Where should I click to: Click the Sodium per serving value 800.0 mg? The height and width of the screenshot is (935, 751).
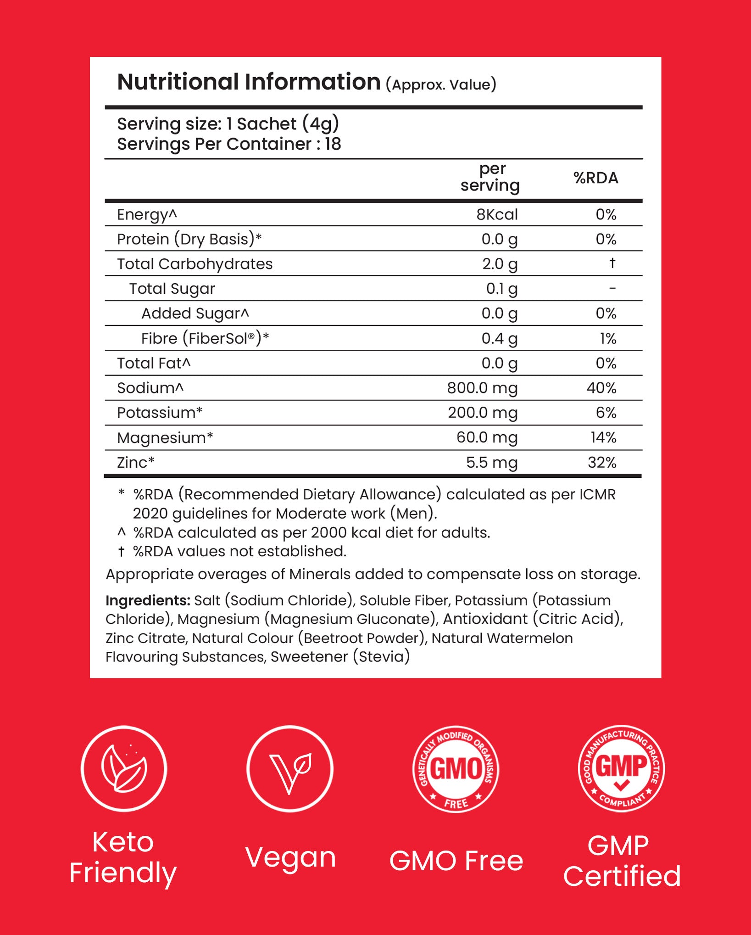[482, 388]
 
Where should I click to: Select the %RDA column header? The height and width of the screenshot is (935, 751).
[595, 178]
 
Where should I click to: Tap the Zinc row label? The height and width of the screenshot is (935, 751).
[136, 463]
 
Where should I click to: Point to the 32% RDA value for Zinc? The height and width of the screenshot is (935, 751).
[602, 463]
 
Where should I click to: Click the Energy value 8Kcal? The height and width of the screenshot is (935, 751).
[497, 215]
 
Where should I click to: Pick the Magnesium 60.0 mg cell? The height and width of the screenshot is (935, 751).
[487, 437]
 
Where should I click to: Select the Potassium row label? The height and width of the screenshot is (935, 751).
[160, 413]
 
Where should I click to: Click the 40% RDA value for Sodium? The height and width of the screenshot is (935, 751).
[601, 388]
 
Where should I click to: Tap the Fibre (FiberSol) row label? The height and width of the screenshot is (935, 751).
[205, 339]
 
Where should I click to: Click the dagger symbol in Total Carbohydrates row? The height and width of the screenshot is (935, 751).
[612, 263]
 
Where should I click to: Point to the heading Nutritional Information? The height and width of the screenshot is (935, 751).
[249, 82]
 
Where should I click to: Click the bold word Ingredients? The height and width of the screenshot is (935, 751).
[147, 600]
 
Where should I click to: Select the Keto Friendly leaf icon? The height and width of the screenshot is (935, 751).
[124, 768]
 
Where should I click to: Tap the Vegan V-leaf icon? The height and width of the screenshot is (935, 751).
[290, 768]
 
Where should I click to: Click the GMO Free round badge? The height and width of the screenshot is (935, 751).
[456, 768]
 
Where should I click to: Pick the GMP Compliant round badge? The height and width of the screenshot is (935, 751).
[621, 768]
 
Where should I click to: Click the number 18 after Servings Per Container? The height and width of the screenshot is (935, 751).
[333, 144]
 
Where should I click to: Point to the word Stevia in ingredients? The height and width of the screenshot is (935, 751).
[381, 657]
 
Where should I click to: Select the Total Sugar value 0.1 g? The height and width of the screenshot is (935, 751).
[501, 289]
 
